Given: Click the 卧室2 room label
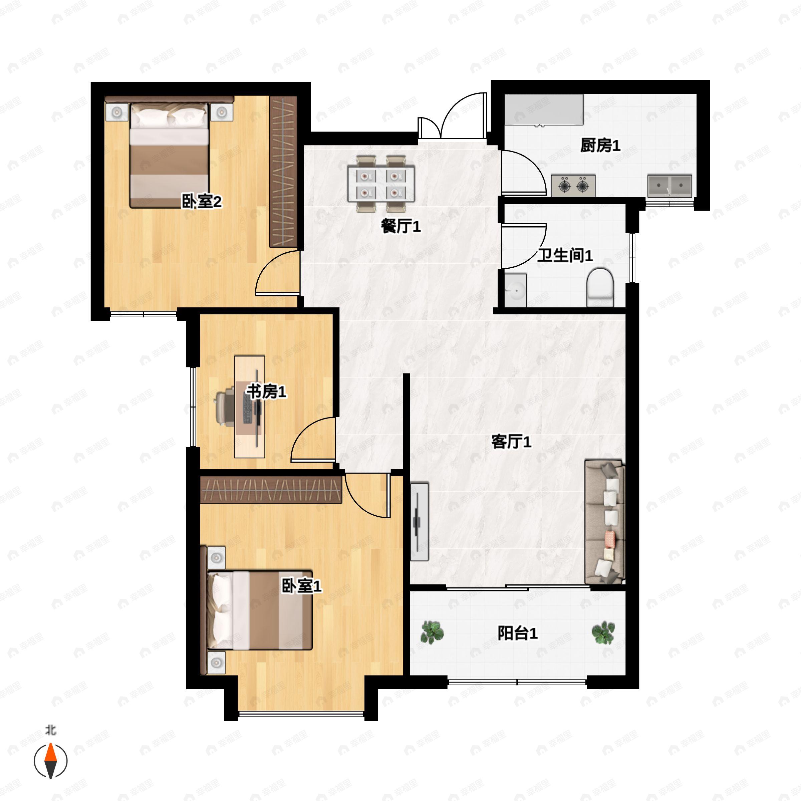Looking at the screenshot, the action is point(202,202).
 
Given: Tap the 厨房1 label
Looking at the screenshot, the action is point(600,146).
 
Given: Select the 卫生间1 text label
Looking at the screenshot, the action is point(565,255).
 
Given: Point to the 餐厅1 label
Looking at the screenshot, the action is point(401,226).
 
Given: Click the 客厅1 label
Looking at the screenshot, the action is point(511,442).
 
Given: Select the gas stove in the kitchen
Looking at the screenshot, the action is point(573,185).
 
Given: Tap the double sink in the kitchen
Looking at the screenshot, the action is point(670,185).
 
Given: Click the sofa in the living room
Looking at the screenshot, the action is point(604,522).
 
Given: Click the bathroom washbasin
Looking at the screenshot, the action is point(515,290).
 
